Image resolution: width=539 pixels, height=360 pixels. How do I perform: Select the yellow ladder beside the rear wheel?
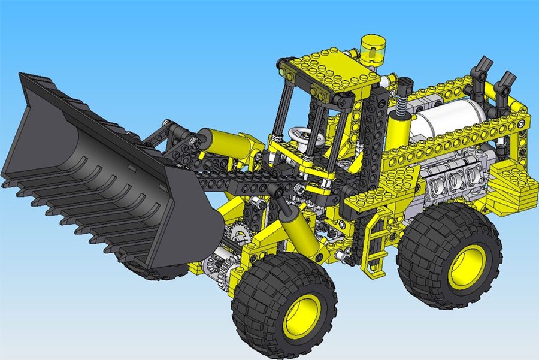377,243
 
